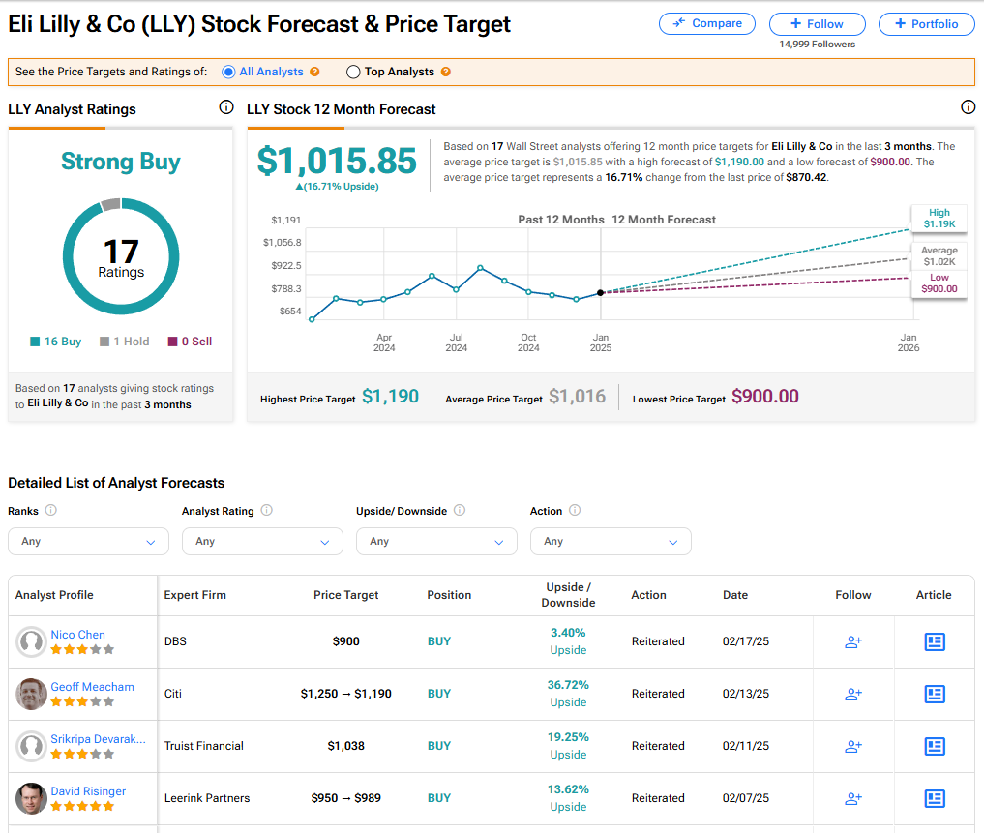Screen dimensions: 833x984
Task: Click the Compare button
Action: [706, 23]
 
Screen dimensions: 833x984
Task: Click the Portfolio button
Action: [926, 24]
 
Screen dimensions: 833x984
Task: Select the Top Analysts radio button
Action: [353, 72]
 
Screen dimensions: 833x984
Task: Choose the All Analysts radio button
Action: [228, 72]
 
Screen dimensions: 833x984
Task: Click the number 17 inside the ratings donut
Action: [121, 253]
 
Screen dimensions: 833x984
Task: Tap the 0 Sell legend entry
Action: [190, 342]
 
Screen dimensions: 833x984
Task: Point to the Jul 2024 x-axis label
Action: [456, 342]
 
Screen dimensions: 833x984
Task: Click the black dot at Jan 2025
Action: [601, 292]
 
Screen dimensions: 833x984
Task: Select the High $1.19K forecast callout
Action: [939, 219]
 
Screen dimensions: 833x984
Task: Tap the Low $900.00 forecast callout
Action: [939, 283]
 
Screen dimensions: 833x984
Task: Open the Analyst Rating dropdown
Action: [262, 541]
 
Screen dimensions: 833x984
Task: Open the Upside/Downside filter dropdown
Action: [436, 541]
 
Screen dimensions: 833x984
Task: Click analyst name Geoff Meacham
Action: [92, 687]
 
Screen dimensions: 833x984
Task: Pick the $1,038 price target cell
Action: [345, 746]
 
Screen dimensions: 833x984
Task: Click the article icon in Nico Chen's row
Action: [934, 641]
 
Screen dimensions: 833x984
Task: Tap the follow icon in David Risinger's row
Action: [852, 798]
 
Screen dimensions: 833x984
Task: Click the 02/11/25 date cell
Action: [745, 746]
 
